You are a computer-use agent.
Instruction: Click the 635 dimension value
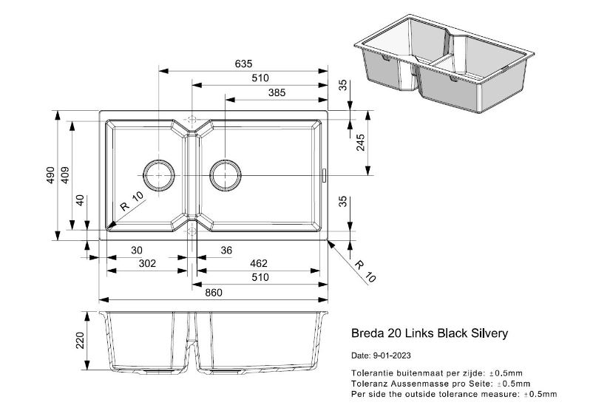point(243,64)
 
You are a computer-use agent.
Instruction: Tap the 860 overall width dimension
point(214,293)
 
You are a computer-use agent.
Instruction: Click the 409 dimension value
point(65,175)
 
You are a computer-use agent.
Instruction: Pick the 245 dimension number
point(361,143)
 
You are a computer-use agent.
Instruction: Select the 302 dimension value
point(148,263)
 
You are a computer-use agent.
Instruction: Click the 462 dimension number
point(258,263)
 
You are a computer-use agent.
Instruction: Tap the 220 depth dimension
point(81,340)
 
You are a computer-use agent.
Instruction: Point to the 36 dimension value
point(226,251)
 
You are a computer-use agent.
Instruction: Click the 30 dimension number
point(137,251)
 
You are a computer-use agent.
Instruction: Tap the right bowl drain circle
point(226,175)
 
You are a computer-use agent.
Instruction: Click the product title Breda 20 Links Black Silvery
point(430,333)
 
